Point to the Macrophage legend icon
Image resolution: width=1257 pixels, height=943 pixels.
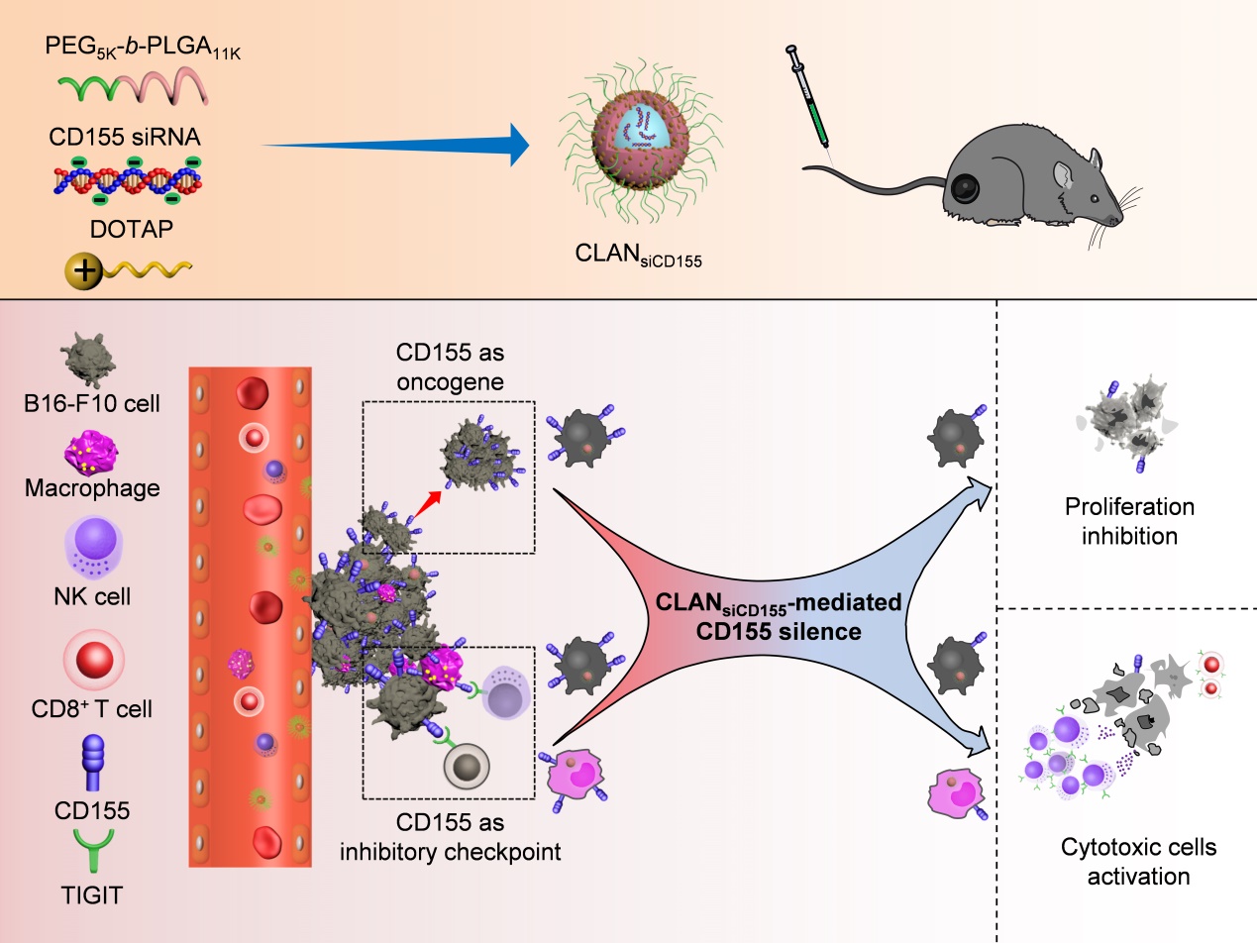(x=91, y=454)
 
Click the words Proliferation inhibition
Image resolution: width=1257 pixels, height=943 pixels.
(x=1129, y=522)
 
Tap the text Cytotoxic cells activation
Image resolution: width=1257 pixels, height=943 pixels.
(x=1137, y=862)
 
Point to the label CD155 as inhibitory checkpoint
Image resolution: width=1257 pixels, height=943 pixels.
(x=450, y=837)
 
